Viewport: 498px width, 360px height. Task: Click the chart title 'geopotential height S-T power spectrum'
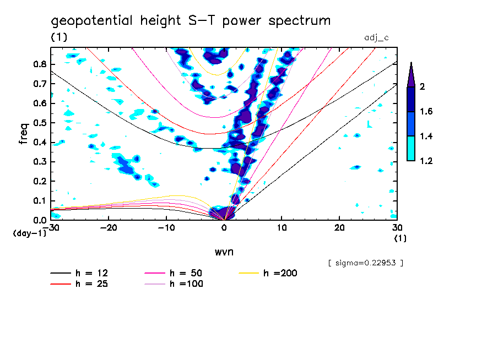(191, 21)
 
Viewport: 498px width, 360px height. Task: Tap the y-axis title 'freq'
(24, 133)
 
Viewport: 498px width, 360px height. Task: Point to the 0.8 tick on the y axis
(39, 64)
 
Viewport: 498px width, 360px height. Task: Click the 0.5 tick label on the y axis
(39, 123)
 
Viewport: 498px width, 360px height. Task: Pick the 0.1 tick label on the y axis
(39, 201)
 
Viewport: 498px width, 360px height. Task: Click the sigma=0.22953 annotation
(366, 263)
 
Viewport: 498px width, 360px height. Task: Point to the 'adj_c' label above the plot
(377, 37)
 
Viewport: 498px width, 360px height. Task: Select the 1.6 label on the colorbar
(427, 112)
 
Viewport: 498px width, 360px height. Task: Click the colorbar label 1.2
(427, 161)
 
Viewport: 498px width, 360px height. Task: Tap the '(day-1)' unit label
(29, 233)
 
